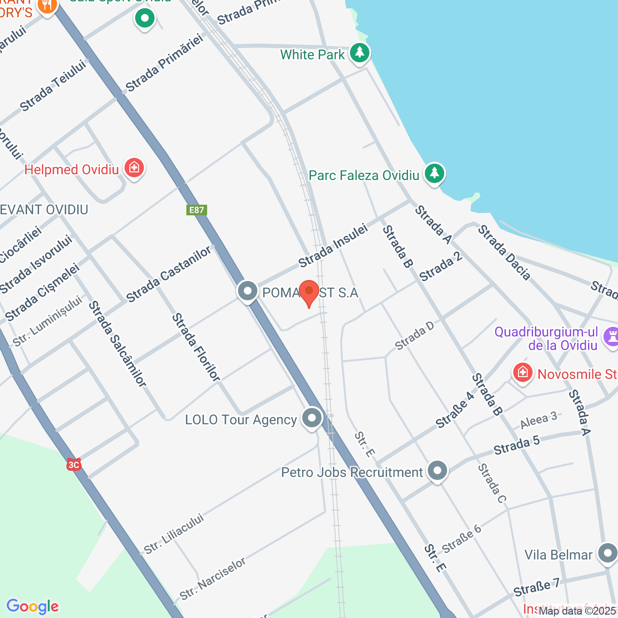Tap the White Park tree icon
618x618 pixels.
(359, 53)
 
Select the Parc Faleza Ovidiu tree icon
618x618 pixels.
(435, 173)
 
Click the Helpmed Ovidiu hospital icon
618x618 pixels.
(134, 168)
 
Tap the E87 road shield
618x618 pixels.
(197, 210)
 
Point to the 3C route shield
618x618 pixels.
(73, 465)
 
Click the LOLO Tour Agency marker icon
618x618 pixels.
(312, 418)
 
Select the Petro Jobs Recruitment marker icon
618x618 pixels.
(437, 471)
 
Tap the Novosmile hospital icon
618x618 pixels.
(522, 373)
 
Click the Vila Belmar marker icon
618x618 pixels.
(607, 553)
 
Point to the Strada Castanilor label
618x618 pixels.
(169, 274)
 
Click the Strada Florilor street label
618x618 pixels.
(196, 348)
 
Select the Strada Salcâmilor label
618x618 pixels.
(117, 344)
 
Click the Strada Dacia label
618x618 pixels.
(504, 253)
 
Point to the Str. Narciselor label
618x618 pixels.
(213, 578)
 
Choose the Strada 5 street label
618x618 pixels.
(516, 446)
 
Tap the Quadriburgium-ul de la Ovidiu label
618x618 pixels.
(546, 338)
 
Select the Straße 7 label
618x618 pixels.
(536, 588)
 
